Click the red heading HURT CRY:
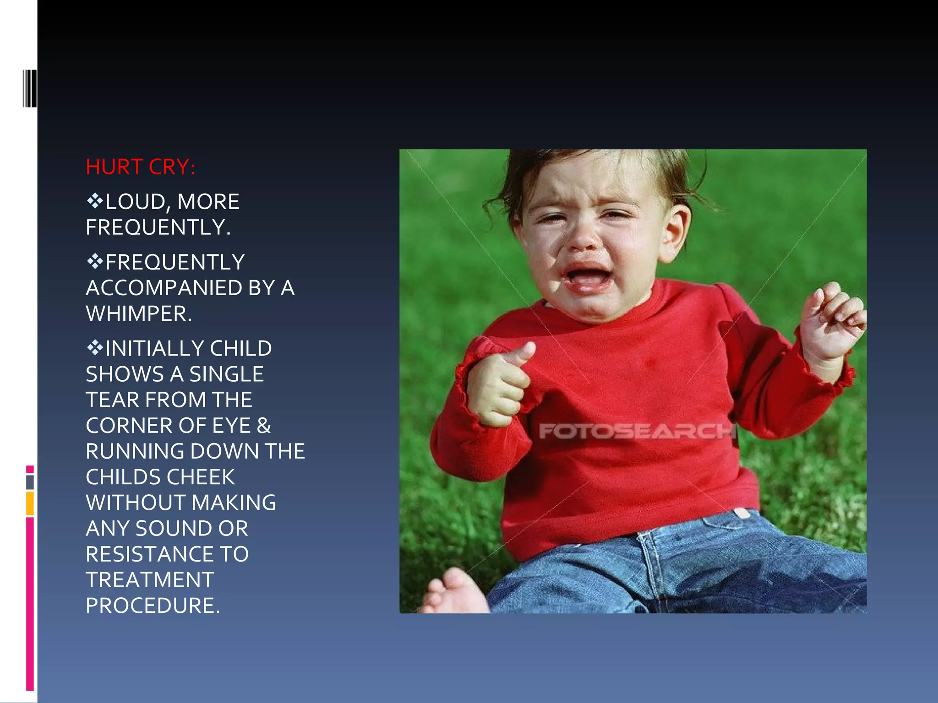(x=140, y=167)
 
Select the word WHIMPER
(x=138, y=314)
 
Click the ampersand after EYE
(x=264, y=426)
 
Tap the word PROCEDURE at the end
(x=153, y=606)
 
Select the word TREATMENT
(x=150, y=580)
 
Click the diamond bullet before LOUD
(x=94, y=201)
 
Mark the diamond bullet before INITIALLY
(x=94, y=348)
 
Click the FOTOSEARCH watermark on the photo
(x=637, y=431)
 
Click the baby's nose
(x=583, y=238)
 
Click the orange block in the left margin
(x=30, y=503)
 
